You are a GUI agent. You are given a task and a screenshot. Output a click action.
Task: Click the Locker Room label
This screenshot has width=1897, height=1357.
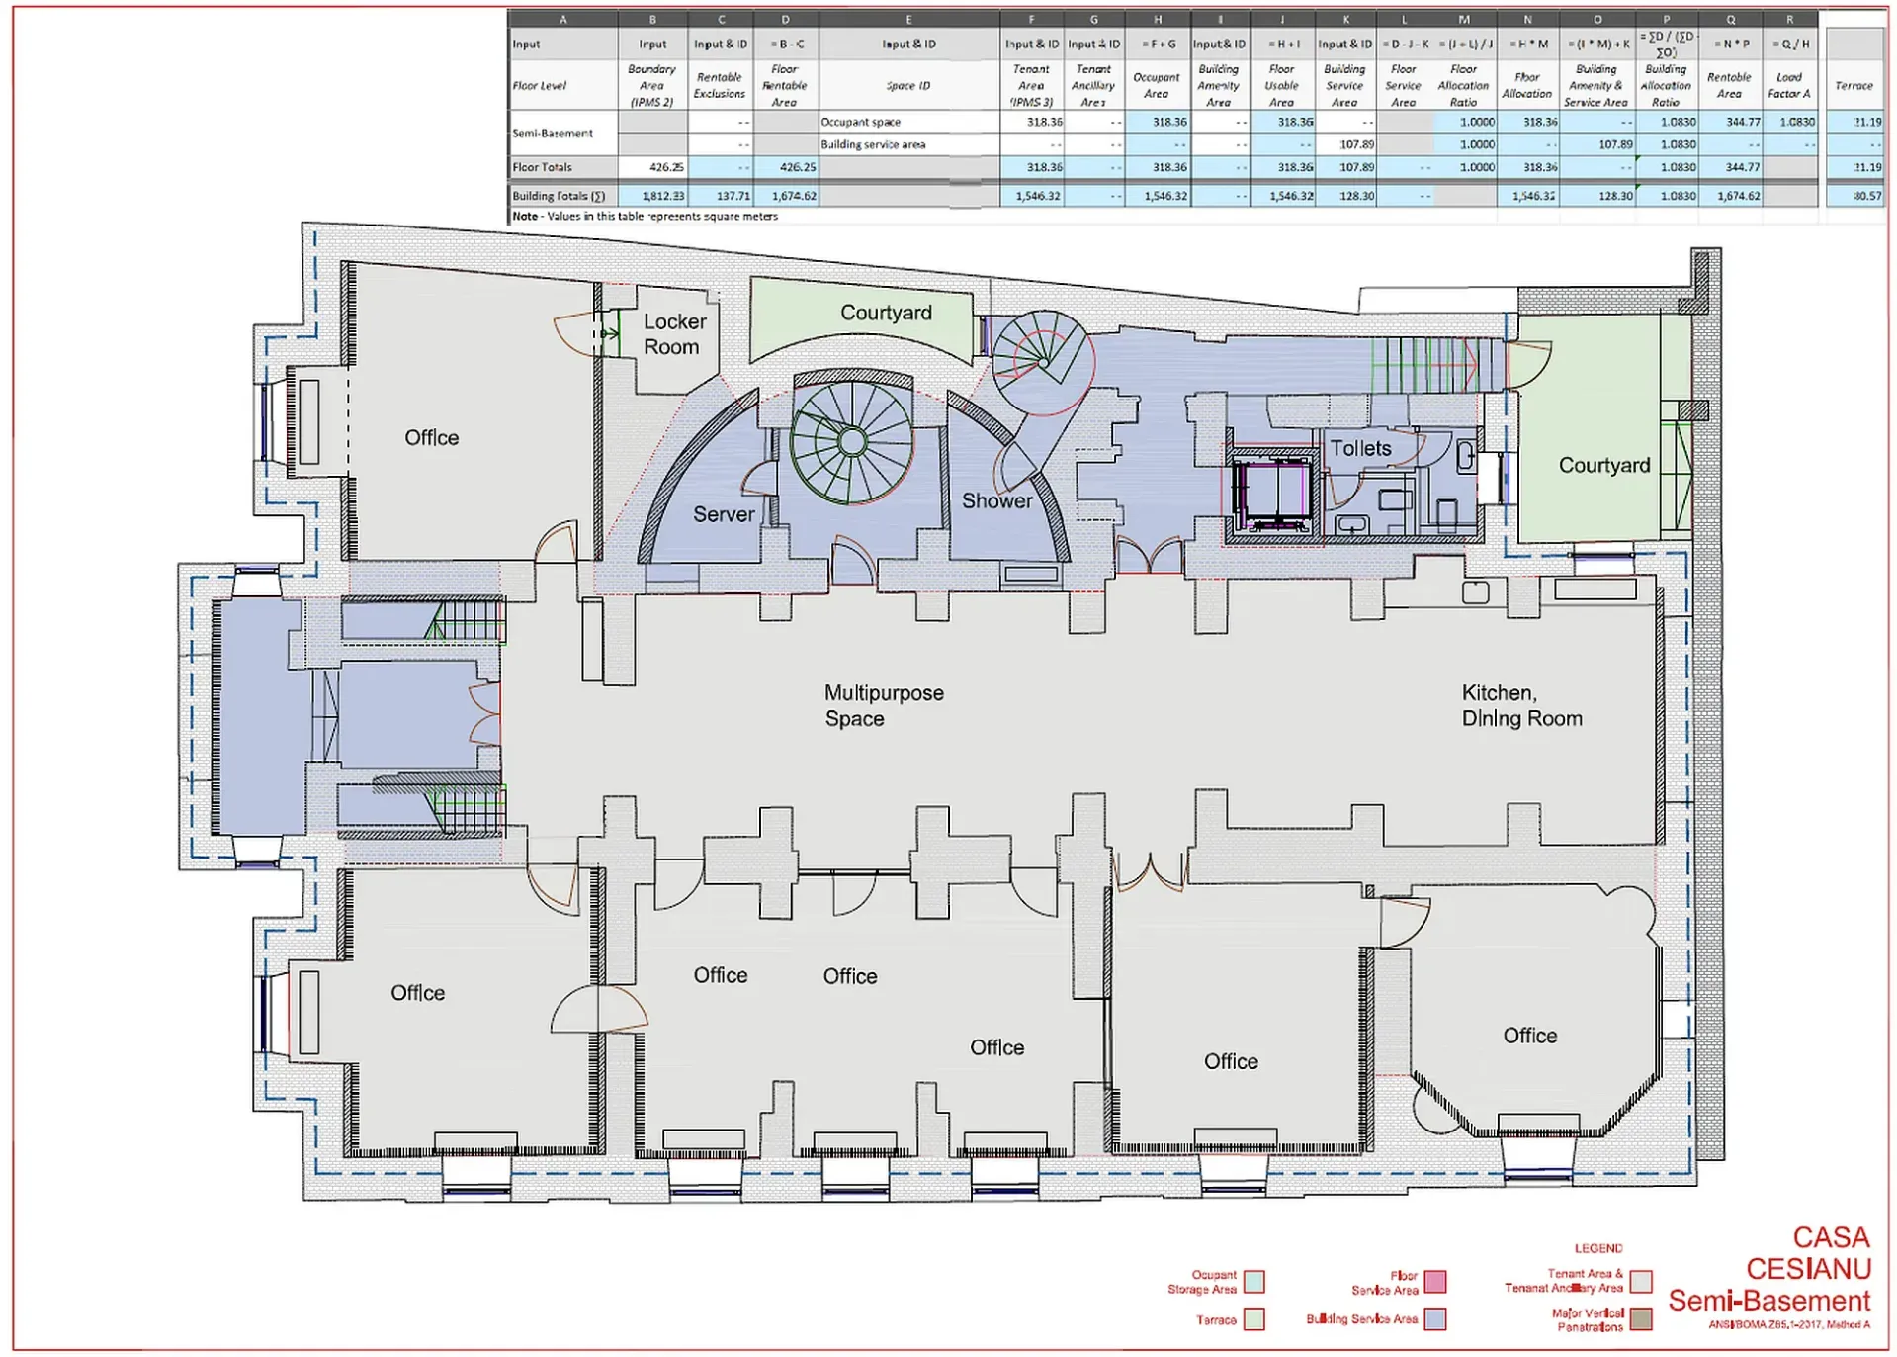(x=674, y=334)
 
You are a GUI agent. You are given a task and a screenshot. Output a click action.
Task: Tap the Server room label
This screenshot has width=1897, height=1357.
(x=723, y=514)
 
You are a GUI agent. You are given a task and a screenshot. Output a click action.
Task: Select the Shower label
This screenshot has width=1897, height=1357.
(x=996, y=501)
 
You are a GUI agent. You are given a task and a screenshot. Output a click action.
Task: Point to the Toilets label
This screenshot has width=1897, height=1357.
(x=1360, y=449)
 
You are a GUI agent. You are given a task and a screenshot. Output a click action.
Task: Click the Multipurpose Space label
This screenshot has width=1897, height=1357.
(x=883, y=706)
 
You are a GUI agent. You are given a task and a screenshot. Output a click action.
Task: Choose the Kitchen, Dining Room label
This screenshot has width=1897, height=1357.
(x=1521, y=706)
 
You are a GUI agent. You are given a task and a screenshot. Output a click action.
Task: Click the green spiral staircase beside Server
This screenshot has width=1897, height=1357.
(x=851, y=442)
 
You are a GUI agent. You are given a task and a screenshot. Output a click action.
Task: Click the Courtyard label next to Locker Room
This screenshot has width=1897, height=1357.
(x=886, y=313)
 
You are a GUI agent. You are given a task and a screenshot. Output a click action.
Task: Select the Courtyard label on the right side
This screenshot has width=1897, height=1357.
(x=1603, y=466)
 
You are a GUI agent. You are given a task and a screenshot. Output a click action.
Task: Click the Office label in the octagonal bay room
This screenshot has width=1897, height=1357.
(x=1529, y=1036)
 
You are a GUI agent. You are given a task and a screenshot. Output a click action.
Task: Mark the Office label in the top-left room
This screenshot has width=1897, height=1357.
(x=431, y=438)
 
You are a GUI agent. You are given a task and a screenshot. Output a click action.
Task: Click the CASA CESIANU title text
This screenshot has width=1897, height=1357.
(x=1809, y=1253)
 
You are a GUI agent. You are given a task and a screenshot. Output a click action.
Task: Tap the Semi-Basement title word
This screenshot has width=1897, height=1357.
(x=1769, y=1301)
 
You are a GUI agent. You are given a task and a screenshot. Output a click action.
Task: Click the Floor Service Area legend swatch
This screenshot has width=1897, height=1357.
(x=1435, y=1282)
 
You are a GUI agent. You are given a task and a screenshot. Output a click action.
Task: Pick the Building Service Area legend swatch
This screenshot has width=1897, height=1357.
(x=1435, y=1319)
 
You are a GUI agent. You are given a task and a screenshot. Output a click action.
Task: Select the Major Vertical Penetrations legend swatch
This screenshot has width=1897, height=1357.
(x=1641, y=1319)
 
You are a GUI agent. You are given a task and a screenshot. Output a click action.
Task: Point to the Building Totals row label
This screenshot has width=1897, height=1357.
(x=559, y=196)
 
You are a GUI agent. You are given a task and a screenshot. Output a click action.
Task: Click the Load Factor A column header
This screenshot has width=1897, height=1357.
(x=1788, y=85)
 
